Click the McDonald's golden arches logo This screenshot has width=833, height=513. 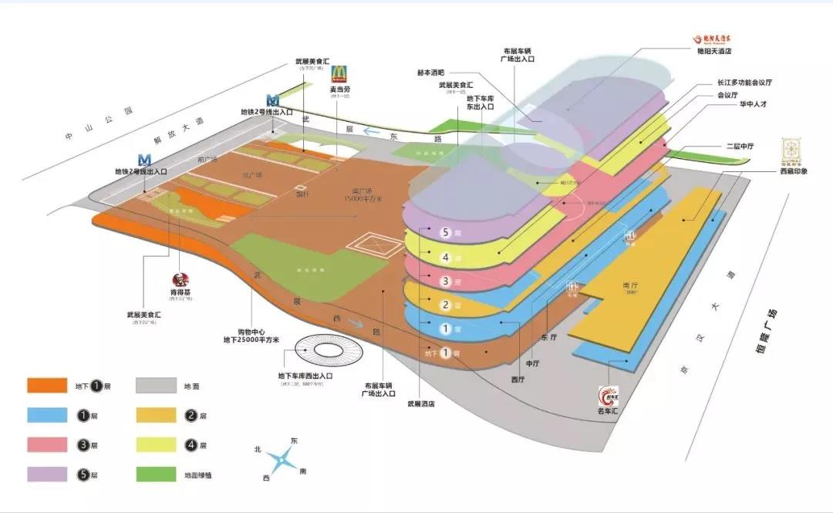340,74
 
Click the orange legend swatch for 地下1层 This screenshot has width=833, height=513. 48,386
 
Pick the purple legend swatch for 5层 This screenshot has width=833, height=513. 48,474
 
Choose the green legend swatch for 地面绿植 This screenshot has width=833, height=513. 157,474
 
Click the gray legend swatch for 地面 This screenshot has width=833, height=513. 157,386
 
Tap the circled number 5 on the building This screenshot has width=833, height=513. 445,232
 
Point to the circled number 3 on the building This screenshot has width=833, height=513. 445,281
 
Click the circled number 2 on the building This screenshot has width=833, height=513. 445,305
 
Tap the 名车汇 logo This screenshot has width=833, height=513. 609,397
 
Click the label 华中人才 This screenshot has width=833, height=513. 737,104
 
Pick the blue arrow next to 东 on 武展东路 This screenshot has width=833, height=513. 373,132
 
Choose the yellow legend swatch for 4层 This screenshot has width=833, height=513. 157,445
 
